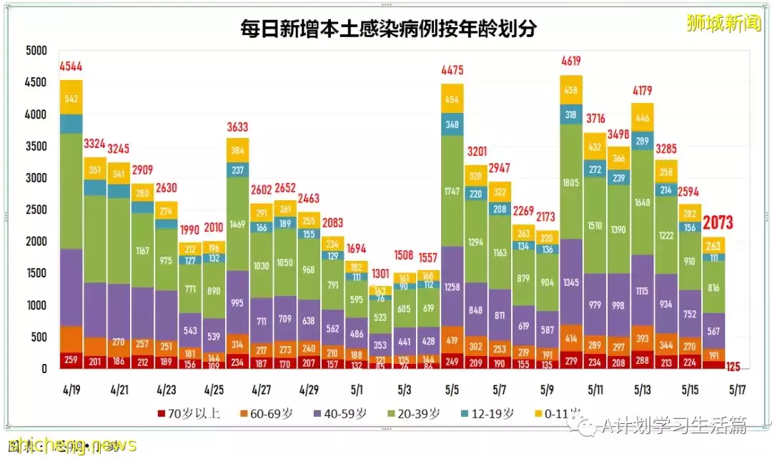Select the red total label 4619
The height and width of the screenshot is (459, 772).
pyautogui.click(x=570, y=61)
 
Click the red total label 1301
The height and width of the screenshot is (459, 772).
pyautogui.click(x=380, y=273)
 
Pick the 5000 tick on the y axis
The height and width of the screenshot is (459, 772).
pyautogui.click(x=34, y=51)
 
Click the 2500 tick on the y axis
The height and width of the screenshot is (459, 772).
pyautogui.click(x=34, y=210)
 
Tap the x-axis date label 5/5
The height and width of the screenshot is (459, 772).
pyautogui.click(x=452, y=391)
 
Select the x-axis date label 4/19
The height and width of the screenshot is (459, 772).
pyautogui.click(x=71, y=391)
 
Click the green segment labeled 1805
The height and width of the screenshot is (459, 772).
pyautogui.click(x=570, y=182)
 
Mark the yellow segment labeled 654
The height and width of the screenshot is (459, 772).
pyautogui.click(x=452, y=99)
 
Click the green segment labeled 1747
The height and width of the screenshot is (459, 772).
pyautogui.click(x=452, y=192)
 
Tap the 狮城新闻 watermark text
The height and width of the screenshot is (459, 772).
pyautogui.click(x=723, y=23)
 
